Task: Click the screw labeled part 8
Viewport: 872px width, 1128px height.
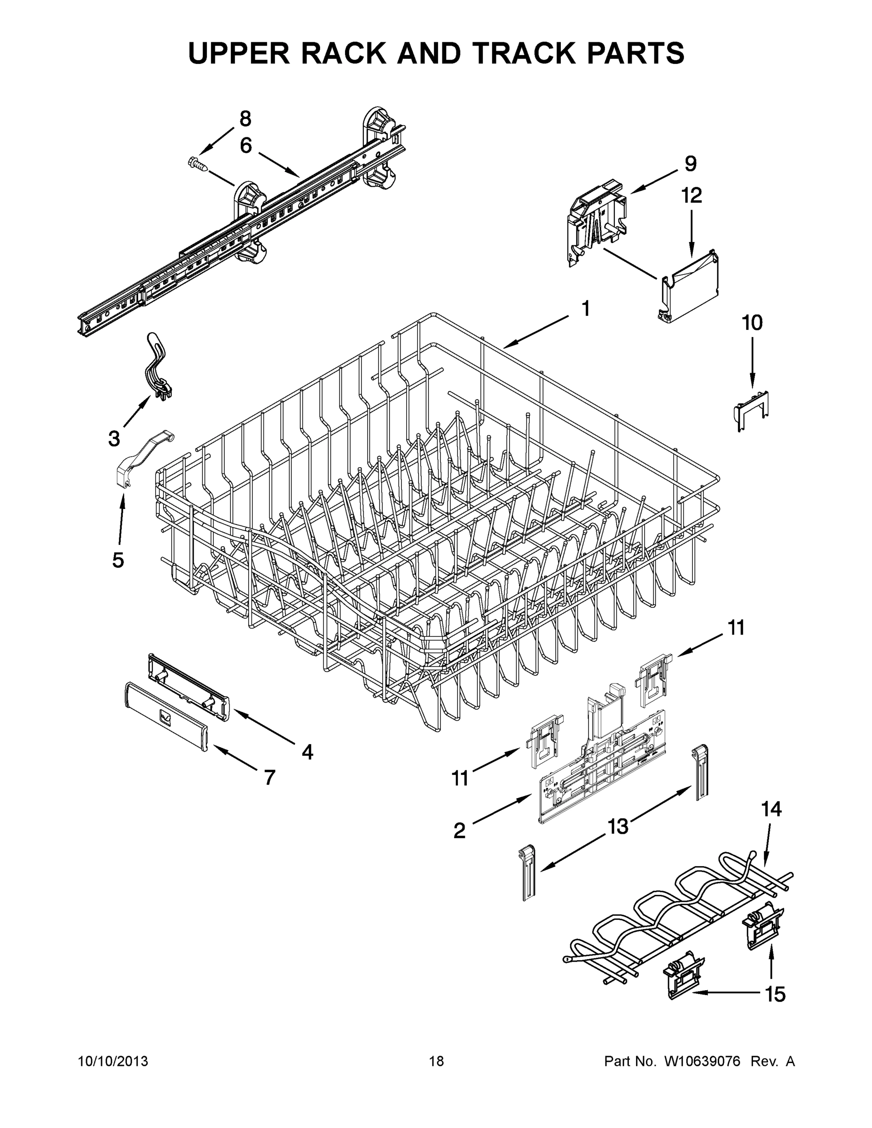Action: pyautogui.click(x=199, y=164)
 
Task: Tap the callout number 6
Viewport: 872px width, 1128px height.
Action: pyautogui.click(x=246, y=146)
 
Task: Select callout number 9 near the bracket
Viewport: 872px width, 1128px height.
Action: pyautogui.click(x=691, y=164)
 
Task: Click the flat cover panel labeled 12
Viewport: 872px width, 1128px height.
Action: pyautogui.click(x=691, y=287)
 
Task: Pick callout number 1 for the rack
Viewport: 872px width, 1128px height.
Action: pyautogui.click(x=585, y=308)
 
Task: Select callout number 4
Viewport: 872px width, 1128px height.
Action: pyautogui.click(x=307, y=752)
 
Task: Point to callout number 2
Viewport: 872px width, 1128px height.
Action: pyautogui.click(x=459, y=831)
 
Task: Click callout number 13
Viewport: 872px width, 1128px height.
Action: pyautogui.click(x=617, y=826)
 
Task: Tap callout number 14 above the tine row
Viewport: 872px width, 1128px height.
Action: pyautogui.click(x=771, y=809)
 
